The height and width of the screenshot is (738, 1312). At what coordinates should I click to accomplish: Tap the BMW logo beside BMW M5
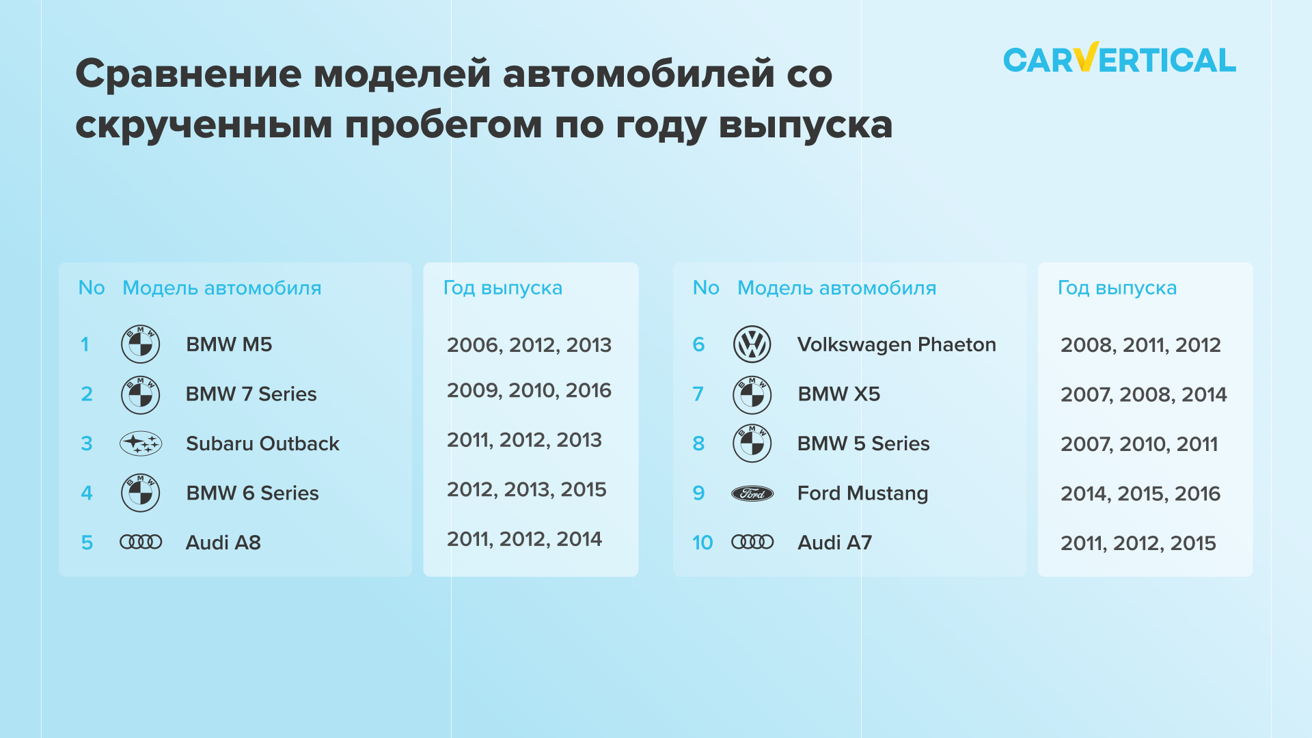(141, 344)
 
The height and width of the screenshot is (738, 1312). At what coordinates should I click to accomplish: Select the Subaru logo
(141, 443)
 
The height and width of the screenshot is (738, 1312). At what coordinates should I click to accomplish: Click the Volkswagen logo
(752, 344)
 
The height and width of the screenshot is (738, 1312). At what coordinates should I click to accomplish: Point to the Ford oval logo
(752, 493)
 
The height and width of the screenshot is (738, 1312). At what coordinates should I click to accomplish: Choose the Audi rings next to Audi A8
(141, 542)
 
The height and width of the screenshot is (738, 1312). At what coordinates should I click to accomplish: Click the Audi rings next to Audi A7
(752, 542)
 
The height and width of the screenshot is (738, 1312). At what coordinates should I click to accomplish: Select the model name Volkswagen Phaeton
(897, 344)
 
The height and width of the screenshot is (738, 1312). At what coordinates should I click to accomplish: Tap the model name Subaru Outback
(262, 443)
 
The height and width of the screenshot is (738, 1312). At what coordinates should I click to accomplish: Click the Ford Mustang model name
(863, 493)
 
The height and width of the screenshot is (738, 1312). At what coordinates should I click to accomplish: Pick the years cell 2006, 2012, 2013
(529, 345)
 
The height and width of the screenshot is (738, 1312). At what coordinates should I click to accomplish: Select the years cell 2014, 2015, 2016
(1140, 493)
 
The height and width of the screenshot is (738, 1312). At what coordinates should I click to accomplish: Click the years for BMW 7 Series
(529, 390)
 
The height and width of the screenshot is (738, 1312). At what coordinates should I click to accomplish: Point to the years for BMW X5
(1143, 394)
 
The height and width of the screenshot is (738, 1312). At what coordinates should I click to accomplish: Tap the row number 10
(702, 543)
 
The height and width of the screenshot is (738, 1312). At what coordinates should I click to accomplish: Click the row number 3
(87, 443)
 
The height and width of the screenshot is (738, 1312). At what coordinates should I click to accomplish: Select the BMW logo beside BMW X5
(752, 394)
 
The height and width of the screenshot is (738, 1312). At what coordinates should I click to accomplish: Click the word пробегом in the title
(443, 125)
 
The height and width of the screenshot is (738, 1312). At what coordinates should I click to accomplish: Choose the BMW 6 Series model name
(252, 493)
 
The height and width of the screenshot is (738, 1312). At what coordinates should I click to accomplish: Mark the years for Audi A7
(1138, 543)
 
